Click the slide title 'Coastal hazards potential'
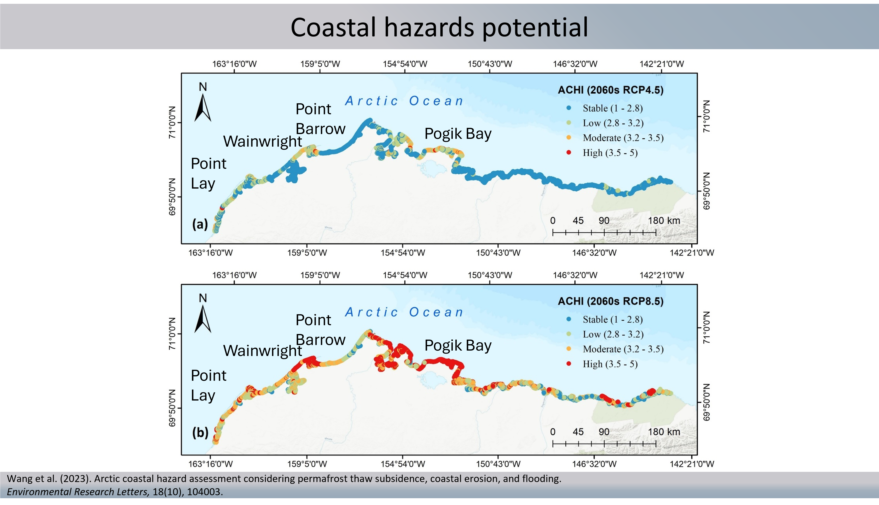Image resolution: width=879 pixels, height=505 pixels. [439, 27]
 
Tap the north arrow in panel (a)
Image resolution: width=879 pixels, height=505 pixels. [203, 107]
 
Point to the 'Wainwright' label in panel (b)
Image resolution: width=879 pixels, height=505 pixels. [262, 351]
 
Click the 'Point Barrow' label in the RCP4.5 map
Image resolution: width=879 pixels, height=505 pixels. [320, 119]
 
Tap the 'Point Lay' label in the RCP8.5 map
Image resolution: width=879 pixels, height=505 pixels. [208, 385]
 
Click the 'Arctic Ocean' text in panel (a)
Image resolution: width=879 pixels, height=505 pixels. [404, 101]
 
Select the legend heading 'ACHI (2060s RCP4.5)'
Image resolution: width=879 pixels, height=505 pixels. [610, 90]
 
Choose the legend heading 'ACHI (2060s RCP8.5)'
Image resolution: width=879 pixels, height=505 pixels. [610, 301]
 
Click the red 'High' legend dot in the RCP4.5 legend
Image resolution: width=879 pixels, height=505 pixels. [569, 153]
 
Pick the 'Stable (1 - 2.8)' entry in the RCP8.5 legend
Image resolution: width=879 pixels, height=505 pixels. [612, 319]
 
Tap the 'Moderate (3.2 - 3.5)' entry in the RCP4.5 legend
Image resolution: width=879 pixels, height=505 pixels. [623, 138]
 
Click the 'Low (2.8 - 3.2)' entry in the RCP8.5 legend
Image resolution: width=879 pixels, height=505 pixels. [613, 334]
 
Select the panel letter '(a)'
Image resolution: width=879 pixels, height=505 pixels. [200, 224]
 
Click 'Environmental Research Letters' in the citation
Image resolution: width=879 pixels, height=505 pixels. [78, 492]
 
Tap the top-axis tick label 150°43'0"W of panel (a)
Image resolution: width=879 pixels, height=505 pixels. [490, 64]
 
